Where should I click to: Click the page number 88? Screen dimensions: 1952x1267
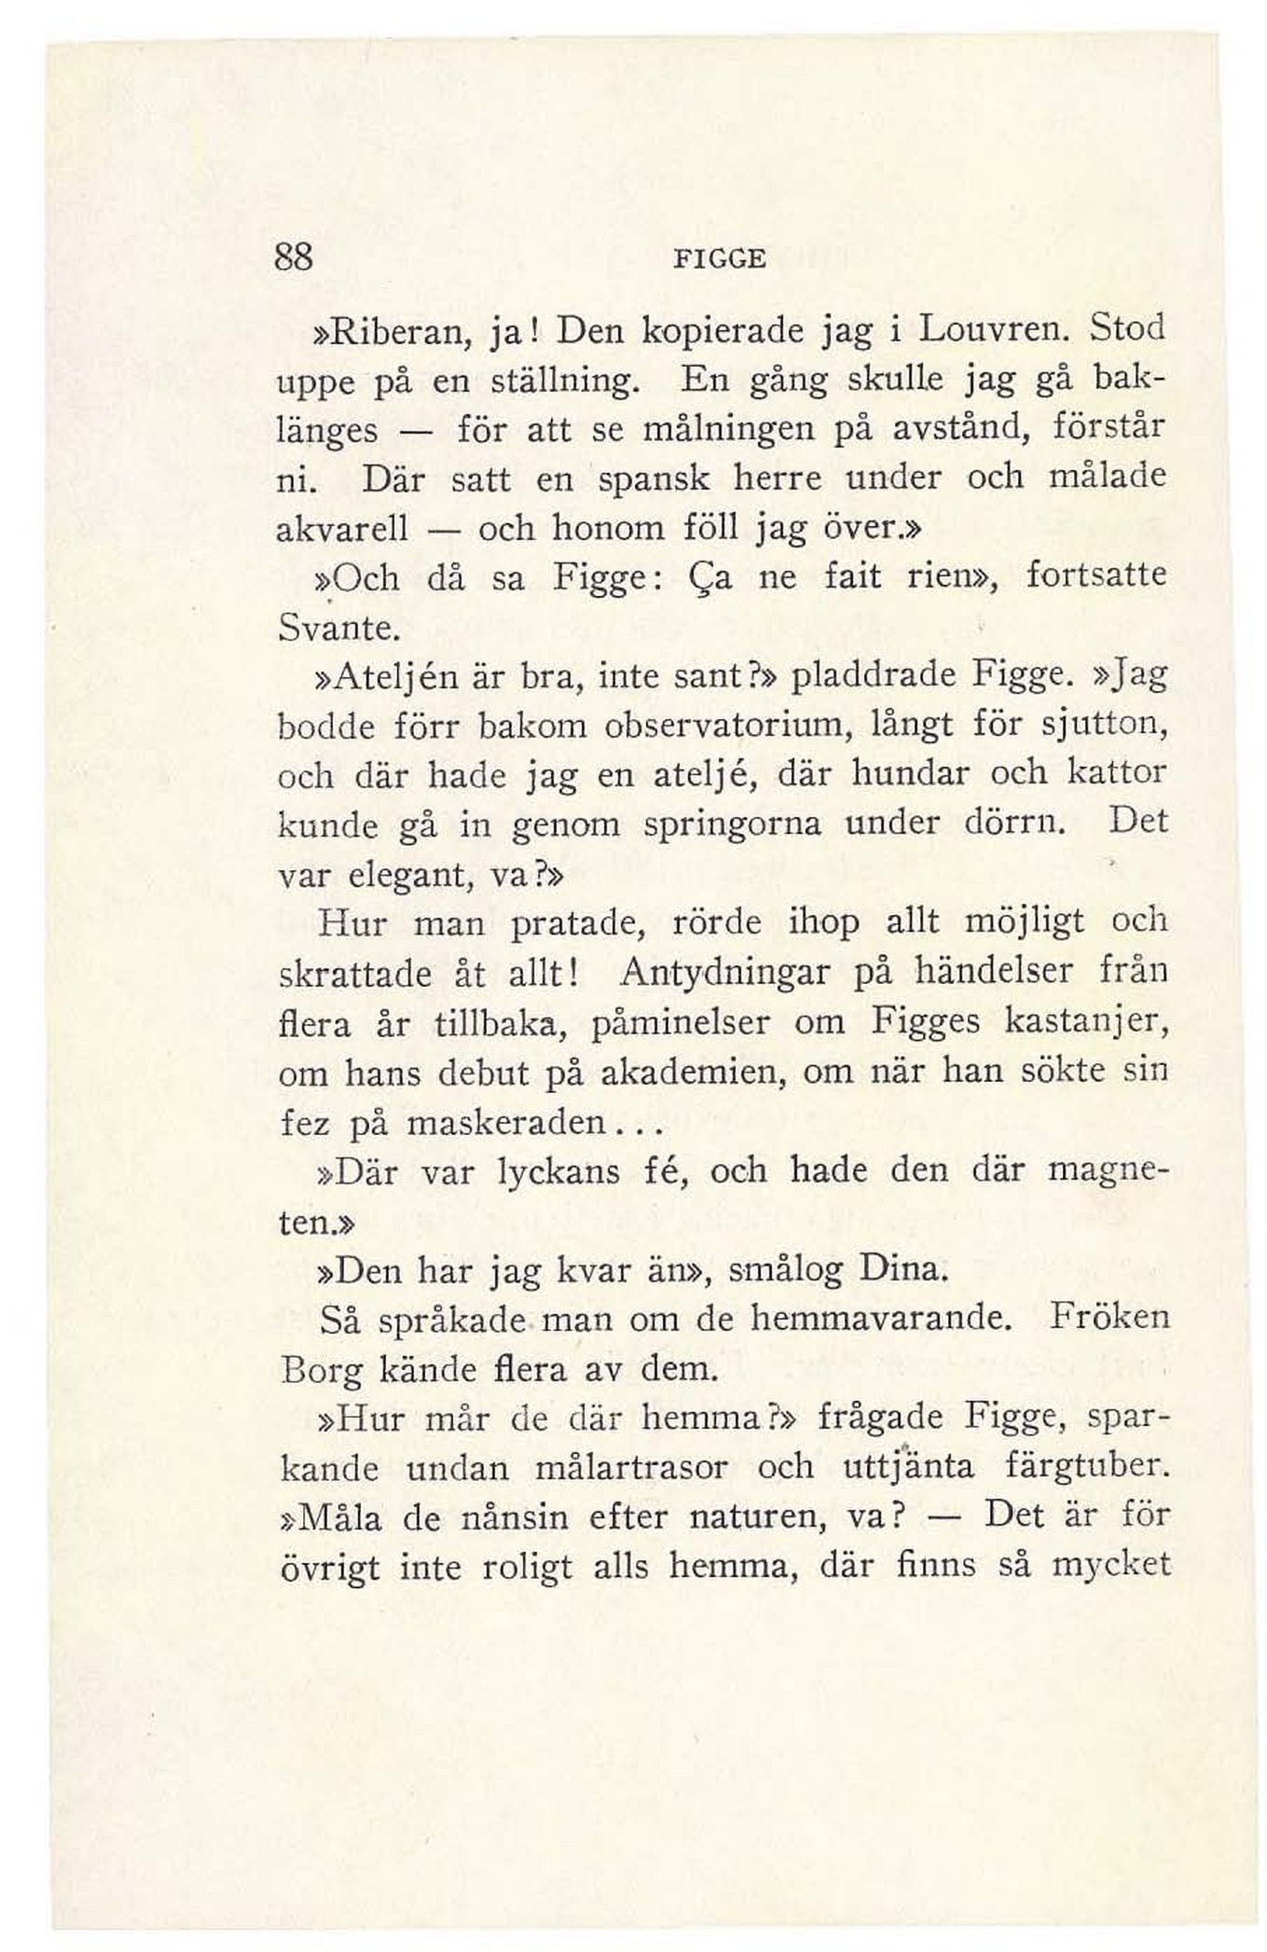pyautogui.click(x=294, y=256)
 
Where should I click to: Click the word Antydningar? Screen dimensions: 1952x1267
pyautogui.click(x=724, y=975)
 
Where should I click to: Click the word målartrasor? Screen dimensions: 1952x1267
pyautogui.click(x=632, y=1468)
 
